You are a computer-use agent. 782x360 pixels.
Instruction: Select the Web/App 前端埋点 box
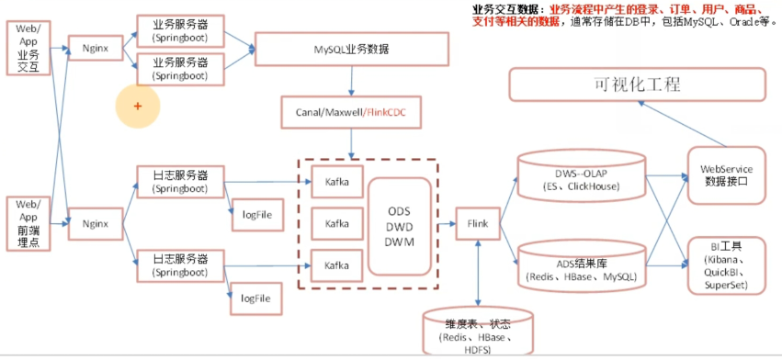coord(28,221)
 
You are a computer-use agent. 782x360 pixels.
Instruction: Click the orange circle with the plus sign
coord(138,107)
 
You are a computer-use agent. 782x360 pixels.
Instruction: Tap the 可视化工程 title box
coord(637,85)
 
